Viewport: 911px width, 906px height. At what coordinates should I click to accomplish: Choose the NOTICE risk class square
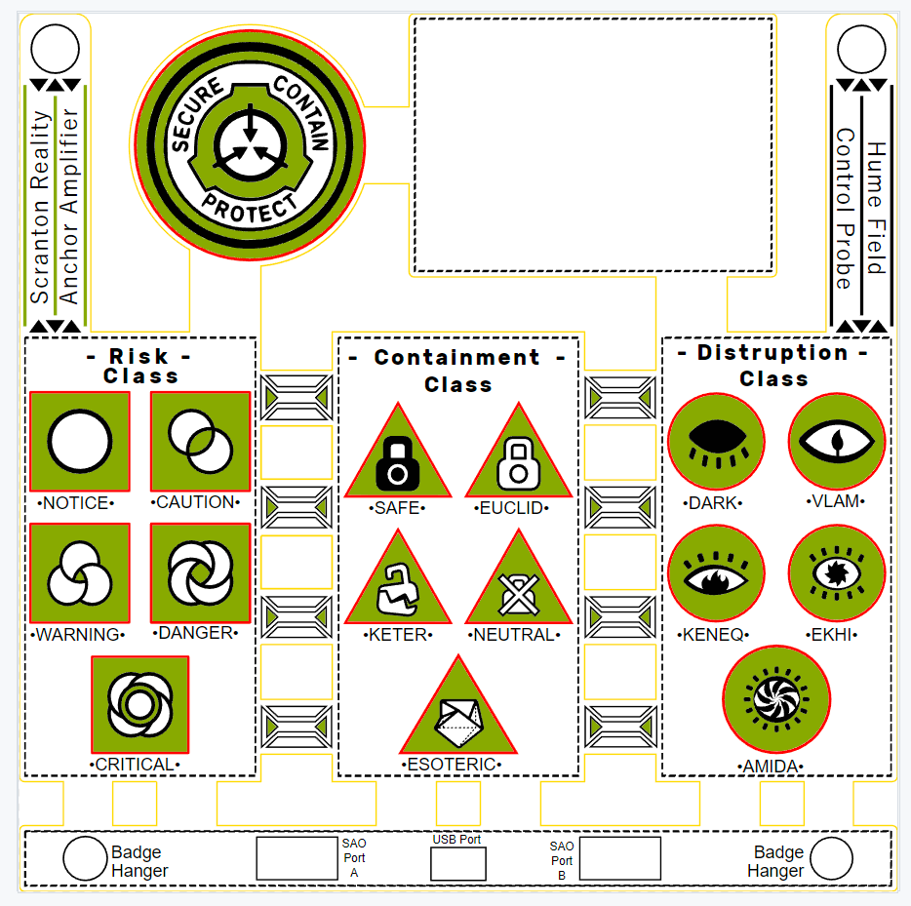pyautogui.click(x=79, y=441)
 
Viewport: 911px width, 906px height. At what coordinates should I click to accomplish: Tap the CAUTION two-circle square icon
pyautogui.click(x=200, y=441)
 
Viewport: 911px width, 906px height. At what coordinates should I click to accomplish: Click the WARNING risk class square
pyautogui.click(x=79, y=572)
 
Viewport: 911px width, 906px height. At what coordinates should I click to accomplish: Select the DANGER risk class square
pyautogui.click(x=200, y=572)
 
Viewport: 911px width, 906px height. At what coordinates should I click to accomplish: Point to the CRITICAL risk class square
pyautogui.click(x=139, y=703)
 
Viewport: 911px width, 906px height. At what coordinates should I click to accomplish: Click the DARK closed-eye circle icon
pyautogui.click(x=716, y=442)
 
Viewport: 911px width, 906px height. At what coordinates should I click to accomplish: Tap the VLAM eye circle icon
pyautogui.click(x=836, y=442)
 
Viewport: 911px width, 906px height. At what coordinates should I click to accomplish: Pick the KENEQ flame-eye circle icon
pyautogui.click(x=716, y=573)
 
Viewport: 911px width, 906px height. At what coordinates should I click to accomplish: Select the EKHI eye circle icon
pyautogui.click(x=836, y=573)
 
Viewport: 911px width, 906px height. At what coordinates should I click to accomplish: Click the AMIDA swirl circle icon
pyautogui.click(x=776, y=699)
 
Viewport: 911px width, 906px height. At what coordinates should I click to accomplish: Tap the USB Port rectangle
pyautogui.click(x=457, y=864)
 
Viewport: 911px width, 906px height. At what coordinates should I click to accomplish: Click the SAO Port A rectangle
pyautogui.click(x=297, y=858)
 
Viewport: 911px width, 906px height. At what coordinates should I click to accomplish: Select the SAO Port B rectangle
pyautogui.click(x=619, y=858)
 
